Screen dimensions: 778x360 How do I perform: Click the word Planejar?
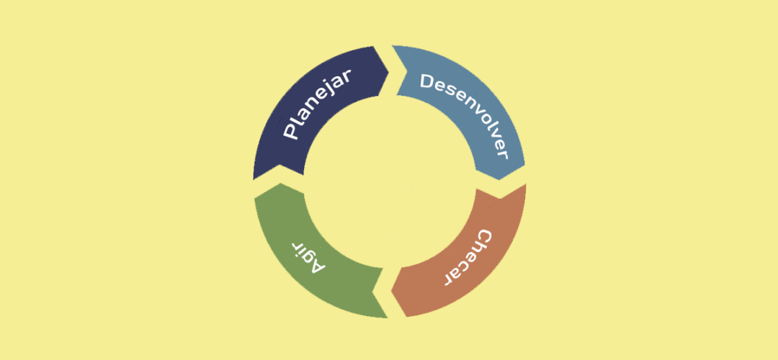pyautogui.click(x=317, y=104)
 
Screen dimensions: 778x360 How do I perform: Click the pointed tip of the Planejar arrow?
pyautogui.click(x=388, y=74)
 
